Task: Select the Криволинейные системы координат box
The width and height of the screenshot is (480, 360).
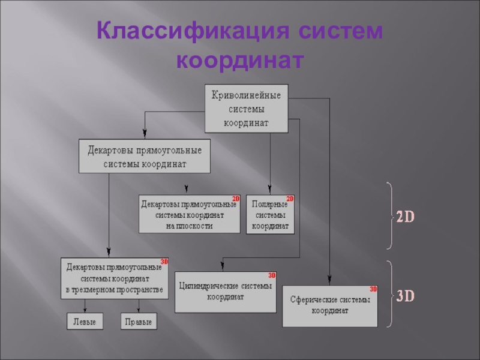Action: pos(246,108)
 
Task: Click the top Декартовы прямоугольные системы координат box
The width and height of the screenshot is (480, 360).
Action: pos(145,156)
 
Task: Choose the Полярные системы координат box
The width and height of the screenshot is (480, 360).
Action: pos(270,214)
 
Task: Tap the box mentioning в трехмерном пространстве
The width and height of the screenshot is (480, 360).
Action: pos(115,278)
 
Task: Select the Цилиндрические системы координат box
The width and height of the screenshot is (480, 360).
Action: pos(225,292)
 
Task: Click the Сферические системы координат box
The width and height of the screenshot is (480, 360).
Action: pos(329,306)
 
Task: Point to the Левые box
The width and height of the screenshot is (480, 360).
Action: pos(84,322)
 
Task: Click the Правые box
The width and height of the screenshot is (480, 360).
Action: pos(139,322)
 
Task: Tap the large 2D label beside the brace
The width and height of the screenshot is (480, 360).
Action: pos(406,217)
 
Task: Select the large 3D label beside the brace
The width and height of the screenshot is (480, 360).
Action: pos(406,296)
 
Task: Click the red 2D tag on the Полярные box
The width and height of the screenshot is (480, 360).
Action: pos(289,199)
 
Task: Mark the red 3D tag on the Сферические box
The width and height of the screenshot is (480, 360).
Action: pos(373,289)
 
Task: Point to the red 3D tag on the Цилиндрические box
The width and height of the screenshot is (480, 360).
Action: pos(271,275)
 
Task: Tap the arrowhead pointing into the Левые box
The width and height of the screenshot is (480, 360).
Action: pos(84,310)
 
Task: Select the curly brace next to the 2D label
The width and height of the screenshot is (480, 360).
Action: pos(390,216)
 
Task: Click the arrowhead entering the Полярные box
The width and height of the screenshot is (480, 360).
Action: pos(270,190)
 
